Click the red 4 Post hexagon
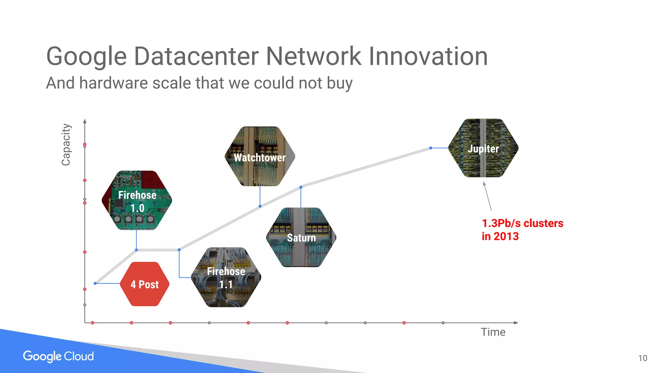[145, 284]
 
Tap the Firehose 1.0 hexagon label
[137, 201]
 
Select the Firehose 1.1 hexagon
[226, 278]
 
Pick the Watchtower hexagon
[260, 157]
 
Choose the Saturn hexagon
[301, 237]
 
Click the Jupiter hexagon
[483, 148]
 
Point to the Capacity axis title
[66, 144]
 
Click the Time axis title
[493, 332]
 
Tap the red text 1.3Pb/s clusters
[522, 223]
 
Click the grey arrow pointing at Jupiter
[488, 196]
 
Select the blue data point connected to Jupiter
[431, 148]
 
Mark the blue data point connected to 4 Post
[95, 283]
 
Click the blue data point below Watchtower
[260, 206]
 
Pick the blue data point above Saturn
[301, 187]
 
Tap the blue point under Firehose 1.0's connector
[136, 250]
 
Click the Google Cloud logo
[58, 356]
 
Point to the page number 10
[643, 358]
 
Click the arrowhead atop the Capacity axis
[85, 121]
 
